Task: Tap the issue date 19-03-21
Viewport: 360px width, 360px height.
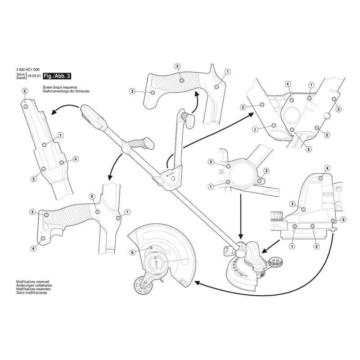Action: (x=33, y=77)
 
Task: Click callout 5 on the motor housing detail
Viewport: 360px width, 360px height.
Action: (x=344, y=219)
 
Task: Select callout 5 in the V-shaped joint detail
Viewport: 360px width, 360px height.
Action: (x=308, y=149)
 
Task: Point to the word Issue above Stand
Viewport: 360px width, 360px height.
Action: (x=21, y=74)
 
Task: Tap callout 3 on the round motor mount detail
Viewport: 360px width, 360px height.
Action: (x=266, y=171)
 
